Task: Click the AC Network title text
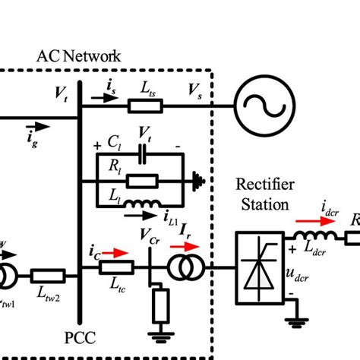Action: coord(78,56)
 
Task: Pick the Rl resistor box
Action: coord(141,181)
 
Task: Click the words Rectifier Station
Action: coord(261,194)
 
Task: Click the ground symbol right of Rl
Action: coord(200,181)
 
